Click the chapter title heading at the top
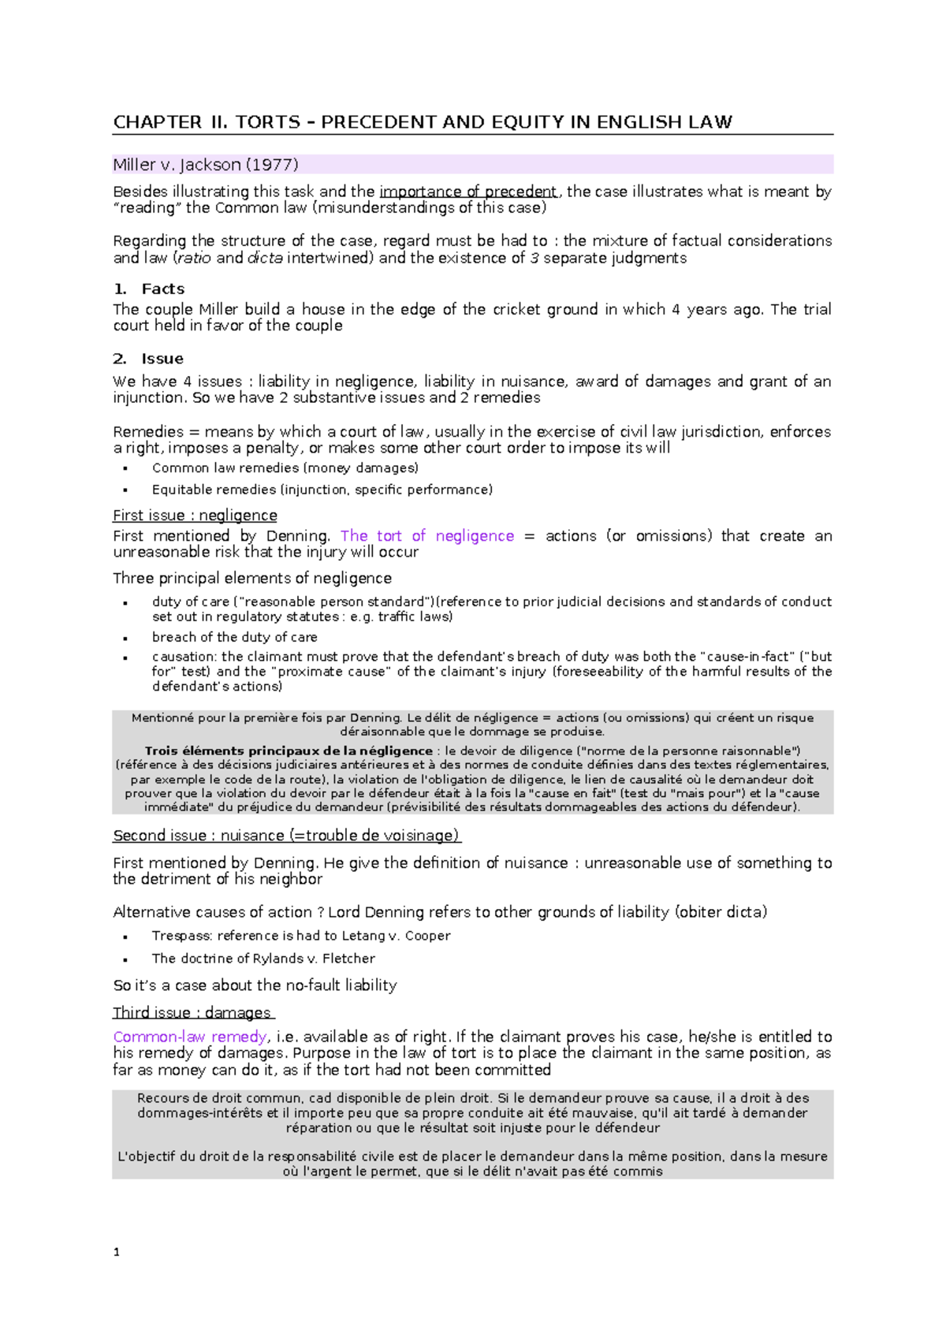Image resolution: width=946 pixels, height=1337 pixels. click(423, 122)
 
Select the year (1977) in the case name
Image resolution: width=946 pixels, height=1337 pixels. click(272, 165)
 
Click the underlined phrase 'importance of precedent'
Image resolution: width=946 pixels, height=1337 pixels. click(468, 192)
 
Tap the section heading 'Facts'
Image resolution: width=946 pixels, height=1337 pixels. click(162, 289)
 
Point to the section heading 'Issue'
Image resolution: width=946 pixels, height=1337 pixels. click(162, 359)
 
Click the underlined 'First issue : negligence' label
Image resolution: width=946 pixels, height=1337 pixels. click(195, 515)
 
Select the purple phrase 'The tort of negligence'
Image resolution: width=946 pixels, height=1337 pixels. click(426, 536)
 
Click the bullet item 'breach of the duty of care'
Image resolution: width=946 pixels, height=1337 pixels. click(234, 637)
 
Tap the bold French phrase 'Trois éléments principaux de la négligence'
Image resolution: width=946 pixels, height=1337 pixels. click(289, 750)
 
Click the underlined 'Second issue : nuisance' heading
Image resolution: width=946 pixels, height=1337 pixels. click(286, 836)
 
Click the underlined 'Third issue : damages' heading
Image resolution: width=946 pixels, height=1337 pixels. click(192, 1013)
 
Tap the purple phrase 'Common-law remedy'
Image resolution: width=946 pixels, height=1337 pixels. click(190, 1037)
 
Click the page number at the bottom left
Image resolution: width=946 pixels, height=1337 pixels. click(117, 1252)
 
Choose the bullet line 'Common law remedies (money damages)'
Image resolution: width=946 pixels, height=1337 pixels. click(285, 467)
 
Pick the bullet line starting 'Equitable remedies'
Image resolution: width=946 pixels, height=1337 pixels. click(322, 490)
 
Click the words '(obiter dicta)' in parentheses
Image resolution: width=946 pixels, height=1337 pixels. click(721, 912)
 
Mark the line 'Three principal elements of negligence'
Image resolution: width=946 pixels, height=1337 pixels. click(252, 578)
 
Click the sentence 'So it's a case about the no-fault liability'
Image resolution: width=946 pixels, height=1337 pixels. click(255, 985)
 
